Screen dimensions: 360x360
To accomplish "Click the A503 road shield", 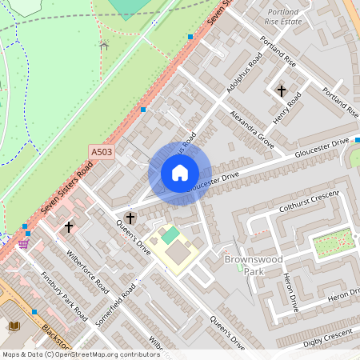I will [102, 151].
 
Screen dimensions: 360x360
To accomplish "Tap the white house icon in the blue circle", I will [180, 173].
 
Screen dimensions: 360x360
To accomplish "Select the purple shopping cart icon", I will [24, 243].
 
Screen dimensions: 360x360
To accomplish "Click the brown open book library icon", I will [15, 326].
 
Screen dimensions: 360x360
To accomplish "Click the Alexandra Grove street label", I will [252, 129].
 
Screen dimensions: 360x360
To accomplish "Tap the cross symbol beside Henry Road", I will [281, 90].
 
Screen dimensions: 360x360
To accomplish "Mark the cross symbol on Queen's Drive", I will [130, 218].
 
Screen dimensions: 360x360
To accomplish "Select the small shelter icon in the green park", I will [102, 45].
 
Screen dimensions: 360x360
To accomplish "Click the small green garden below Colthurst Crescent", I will [333, 242].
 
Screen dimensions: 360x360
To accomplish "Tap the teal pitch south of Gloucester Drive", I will [170, 235].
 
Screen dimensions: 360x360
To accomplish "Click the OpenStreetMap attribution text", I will [81, 354].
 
